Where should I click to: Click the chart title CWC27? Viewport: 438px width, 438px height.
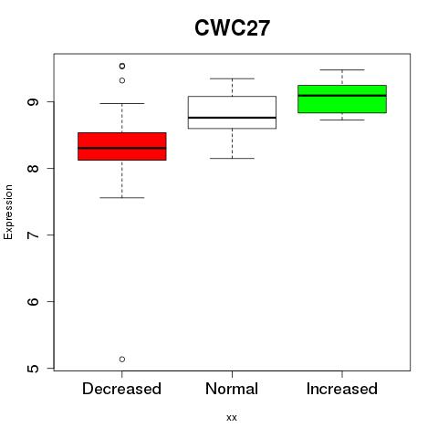(232, 28)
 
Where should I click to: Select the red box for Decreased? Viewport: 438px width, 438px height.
(122, 146)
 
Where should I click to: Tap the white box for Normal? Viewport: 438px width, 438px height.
(232, 112)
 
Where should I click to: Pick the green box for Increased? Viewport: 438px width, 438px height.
(342, 99)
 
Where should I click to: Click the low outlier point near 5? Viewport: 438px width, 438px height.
(122, 360)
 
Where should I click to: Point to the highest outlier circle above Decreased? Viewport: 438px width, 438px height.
(122, 66)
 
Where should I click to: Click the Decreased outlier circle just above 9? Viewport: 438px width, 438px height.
(122, 80)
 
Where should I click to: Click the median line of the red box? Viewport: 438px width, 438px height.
(122, 148)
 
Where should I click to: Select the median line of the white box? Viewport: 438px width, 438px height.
(232, 118)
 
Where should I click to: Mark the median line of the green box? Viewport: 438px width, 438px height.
(342, 96)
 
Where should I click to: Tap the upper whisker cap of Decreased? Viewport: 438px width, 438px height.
(122, 103)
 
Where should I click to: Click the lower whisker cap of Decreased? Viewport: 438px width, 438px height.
(122, 198)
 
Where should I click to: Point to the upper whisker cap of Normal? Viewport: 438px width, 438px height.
(232, 78)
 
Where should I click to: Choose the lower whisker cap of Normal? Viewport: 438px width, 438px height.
(232, 158)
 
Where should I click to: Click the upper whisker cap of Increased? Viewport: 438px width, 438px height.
(342, 69)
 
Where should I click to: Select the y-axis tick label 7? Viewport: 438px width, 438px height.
(33, 235)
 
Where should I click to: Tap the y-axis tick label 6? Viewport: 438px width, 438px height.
(33, 301)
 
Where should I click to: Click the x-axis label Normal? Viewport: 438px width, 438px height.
(232, 389)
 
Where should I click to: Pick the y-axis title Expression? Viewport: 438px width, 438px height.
(8, 212)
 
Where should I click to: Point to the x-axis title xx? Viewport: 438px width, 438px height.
(232, 418)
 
